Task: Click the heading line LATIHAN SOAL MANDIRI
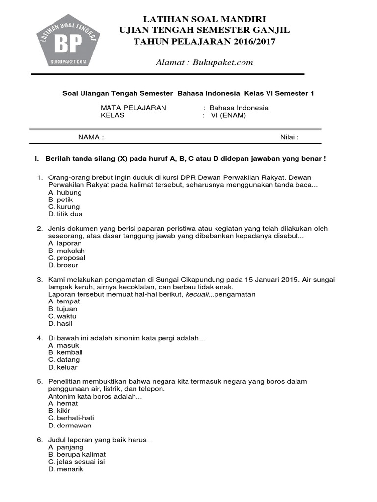[x=205, y=19]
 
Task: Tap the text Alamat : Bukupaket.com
[x=204, y=62]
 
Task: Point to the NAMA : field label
[x=91, y=137]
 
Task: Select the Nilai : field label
[x=290, y=137]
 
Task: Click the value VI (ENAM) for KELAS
[x=228, y=116]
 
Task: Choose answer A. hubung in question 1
[x=65, y=193]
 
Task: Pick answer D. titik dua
[x=65, y=214]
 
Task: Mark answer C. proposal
[x=67, y=258]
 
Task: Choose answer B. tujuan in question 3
[x=63, y=309]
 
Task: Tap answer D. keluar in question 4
[x=63, y=367]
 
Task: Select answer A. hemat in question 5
[x=63, y=403]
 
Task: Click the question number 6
[x=40, y=440]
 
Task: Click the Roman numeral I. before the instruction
[x=36, y=159]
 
